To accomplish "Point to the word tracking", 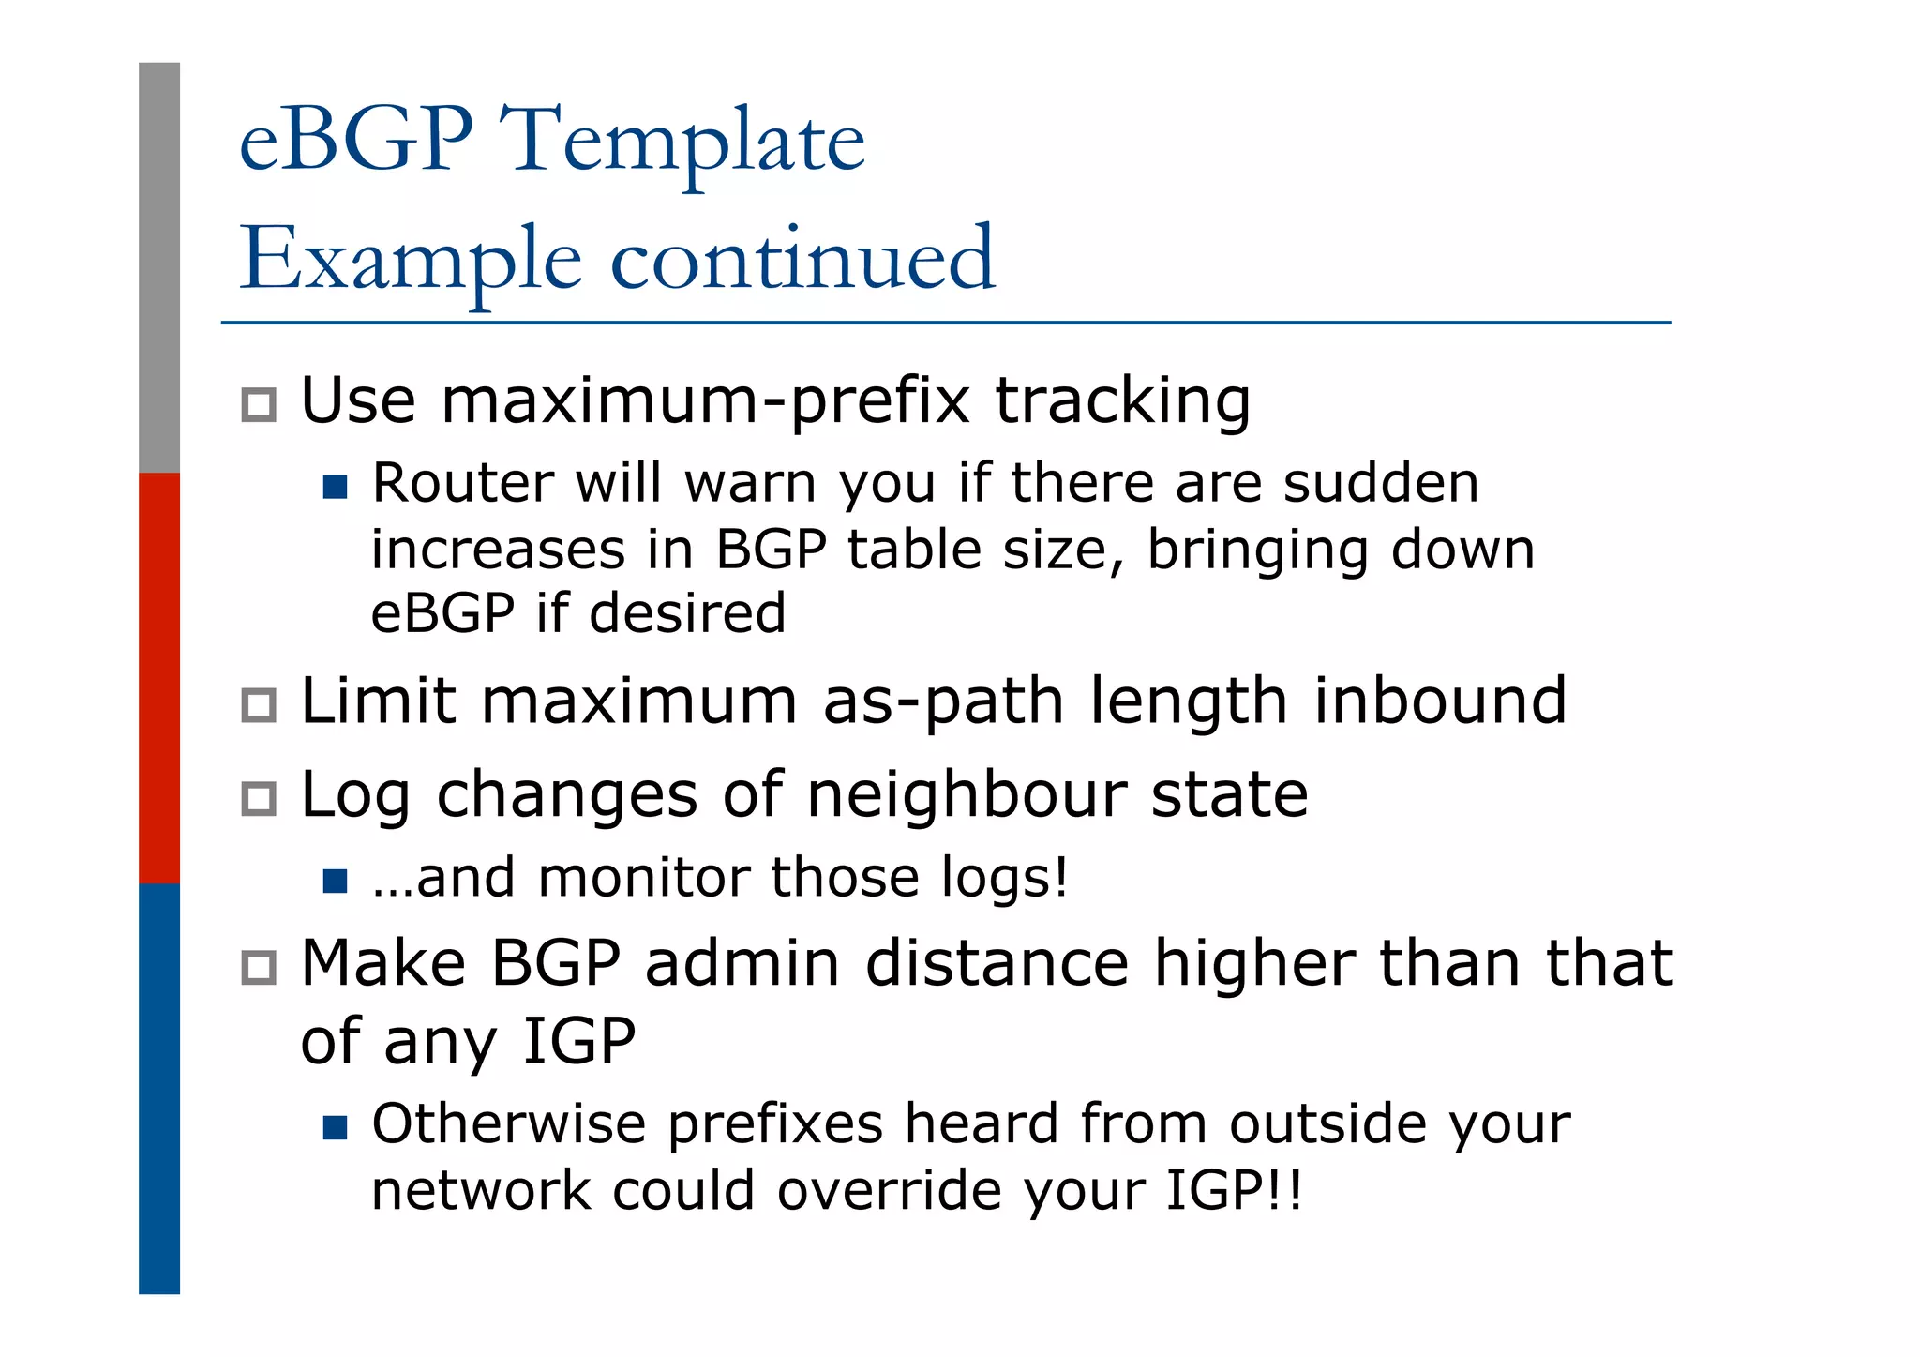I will (1122, 401).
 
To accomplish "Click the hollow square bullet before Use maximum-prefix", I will (259, 405).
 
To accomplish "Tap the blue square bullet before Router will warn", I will (335, 487).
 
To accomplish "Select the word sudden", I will (1380, 484).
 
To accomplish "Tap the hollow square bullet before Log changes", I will (259, 799).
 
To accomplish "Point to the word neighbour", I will (966, 794).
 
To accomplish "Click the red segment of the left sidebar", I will (159, 677).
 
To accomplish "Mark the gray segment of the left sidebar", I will (159, 267).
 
